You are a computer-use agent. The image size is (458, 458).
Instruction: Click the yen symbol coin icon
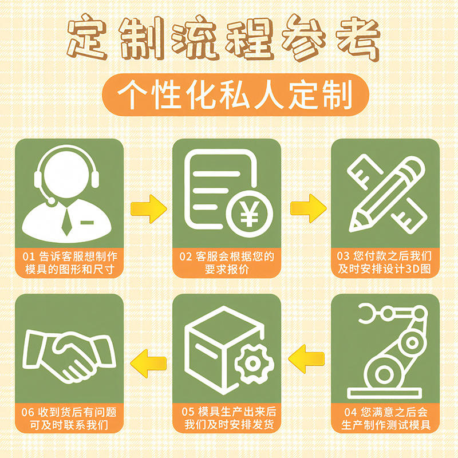pos(249,214)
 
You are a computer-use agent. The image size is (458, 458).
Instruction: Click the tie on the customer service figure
pos(67,222)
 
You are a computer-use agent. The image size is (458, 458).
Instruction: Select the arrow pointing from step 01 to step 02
pos(149,209)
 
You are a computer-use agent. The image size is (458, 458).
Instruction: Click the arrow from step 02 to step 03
pos(309,208)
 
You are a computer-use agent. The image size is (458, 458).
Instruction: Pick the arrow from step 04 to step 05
pos(306,359)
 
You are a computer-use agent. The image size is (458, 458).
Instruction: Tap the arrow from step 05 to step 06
pos(148,364)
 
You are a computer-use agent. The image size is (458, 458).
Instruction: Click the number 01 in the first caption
pos(29,256)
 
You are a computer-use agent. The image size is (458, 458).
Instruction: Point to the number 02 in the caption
pos(185,256)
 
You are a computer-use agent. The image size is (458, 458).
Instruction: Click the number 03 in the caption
pos(343,256)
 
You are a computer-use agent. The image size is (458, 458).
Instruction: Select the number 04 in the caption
pos(350,412)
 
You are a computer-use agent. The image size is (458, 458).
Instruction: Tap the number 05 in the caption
pos(188,412)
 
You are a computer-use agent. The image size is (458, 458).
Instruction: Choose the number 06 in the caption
pos(27,412)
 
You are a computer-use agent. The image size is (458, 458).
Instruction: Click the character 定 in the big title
pos(87,37)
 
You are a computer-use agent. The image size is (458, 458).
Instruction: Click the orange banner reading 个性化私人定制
pos(235,94)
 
